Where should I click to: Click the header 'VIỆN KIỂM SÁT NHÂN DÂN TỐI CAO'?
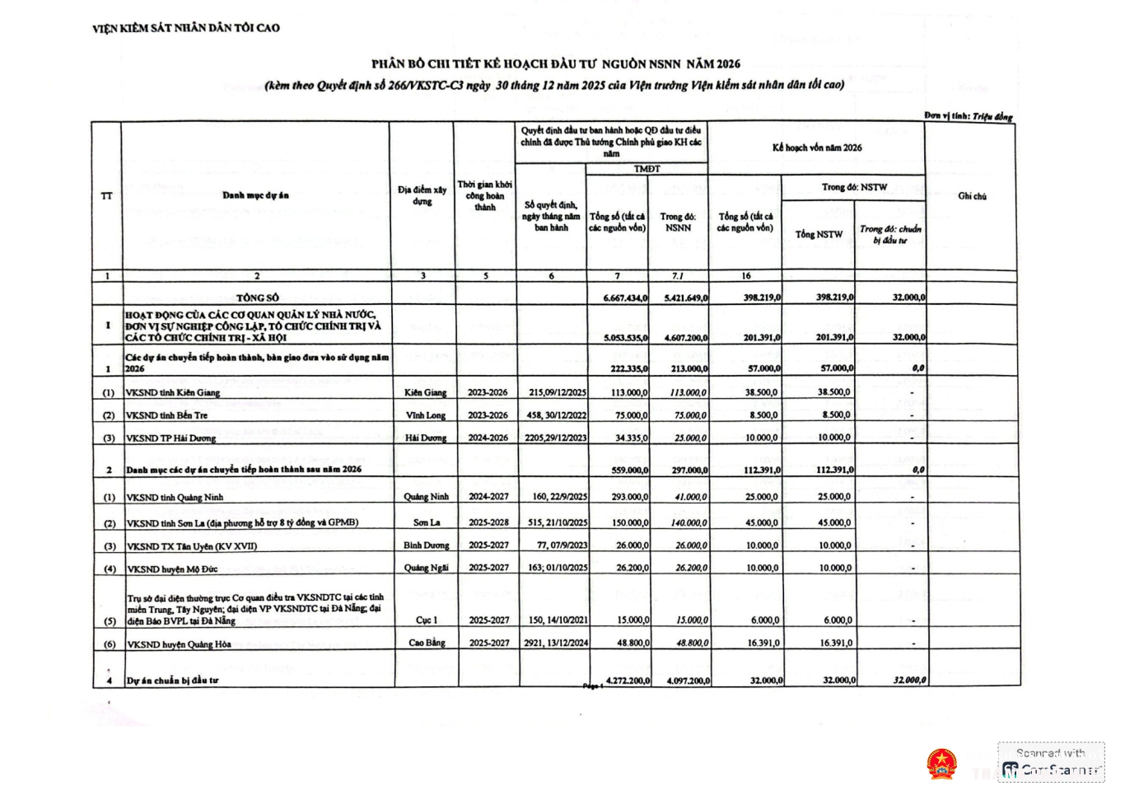(186, 28)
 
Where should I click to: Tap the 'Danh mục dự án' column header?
(255, 195)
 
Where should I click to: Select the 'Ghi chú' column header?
(972, 196)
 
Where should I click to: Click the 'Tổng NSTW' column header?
(818, 235)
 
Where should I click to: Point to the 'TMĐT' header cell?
(647, 169)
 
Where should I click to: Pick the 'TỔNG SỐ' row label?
(257, 297)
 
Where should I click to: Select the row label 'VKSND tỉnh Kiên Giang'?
(173, 393)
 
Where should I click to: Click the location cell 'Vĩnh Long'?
(425, 415)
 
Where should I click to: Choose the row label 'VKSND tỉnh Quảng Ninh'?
(175, 498)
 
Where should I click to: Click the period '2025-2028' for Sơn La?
(488, 522)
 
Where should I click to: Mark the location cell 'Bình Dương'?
(426, 545)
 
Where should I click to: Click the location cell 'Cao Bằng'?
(427, 643)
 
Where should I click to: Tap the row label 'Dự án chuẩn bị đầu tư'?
(172, 681)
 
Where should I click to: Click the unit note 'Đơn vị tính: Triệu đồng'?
(968, 116)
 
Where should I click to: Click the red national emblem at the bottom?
(941, 764)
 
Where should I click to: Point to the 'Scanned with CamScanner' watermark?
(1051, 762)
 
